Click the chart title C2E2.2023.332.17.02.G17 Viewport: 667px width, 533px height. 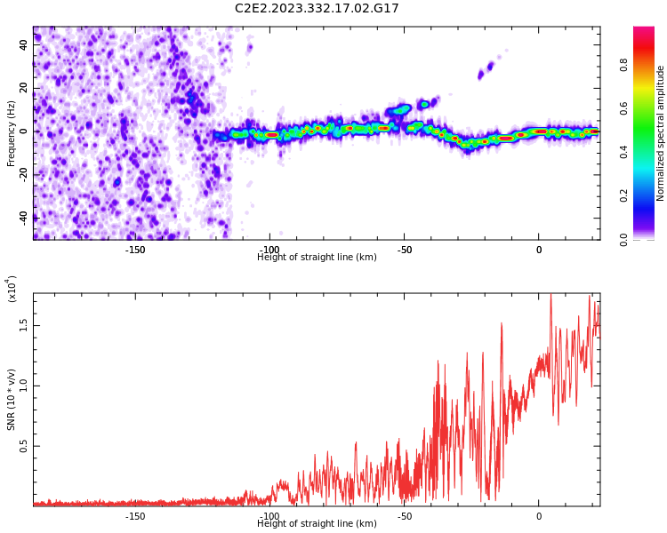(317, 9)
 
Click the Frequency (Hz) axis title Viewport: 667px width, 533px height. (12, 133)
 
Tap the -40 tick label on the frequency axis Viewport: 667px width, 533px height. (22, 217)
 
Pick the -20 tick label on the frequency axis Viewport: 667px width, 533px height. (22, 174)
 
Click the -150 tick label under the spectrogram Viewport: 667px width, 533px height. (135, 251)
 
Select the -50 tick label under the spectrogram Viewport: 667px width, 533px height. (403, 251)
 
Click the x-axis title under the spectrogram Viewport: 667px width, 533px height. (317, 258)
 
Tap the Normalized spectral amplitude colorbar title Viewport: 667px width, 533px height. (661, 133)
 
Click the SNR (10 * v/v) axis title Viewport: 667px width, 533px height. (12, 400)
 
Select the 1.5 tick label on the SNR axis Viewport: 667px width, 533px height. (24, 324)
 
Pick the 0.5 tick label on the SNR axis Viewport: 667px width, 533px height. (24, 446)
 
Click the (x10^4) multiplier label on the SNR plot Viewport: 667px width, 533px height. (12, 289)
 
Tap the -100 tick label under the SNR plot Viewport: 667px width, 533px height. (269, 516)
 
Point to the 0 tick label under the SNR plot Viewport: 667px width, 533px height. (538, 516)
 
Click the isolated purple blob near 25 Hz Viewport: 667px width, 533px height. (485, 70)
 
